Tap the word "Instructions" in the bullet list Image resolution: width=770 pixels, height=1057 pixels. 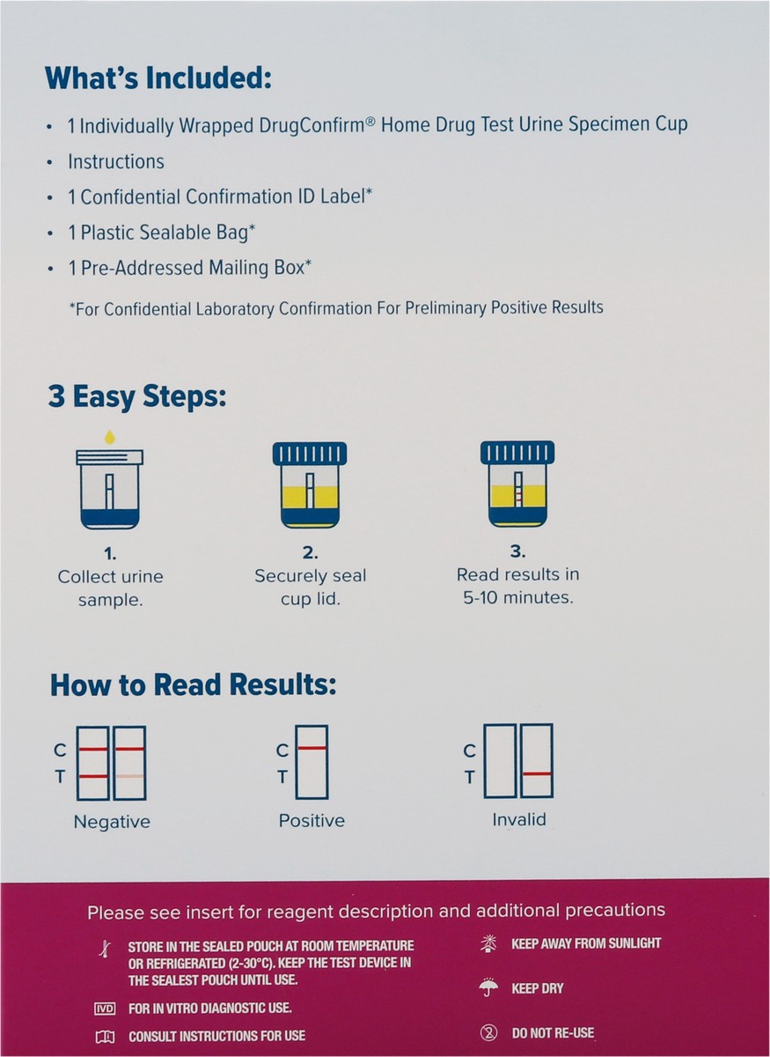116,162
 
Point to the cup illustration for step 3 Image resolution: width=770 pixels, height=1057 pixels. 517,484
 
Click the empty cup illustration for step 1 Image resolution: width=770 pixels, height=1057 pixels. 109,490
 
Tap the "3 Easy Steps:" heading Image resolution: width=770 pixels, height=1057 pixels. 137,396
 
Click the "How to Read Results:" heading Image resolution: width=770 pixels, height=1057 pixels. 193,684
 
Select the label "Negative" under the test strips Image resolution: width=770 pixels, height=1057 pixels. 112,822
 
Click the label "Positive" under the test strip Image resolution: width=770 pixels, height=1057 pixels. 312,821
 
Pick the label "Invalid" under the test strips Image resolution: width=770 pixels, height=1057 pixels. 519,820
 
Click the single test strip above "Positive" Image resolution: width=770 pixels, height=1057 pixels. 312,762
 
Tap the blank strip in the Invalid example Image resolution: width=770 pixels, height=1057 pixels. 500,761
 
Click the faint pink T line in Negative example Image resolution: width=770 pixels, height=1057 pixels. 129,776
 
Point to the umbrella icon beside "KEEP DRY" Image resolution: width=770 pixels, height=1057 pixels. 488,987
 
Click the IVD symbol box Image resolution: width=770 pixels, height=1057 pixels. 105,1009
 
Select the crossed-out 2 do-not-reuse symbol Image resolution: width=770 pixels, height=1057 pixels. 488,1033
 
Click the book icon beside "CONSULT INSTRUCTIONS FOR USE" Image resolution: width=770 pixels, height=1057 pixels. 105,1037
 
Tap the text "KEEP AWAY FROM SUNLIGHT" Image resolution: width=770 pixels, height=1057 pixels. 586,943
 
